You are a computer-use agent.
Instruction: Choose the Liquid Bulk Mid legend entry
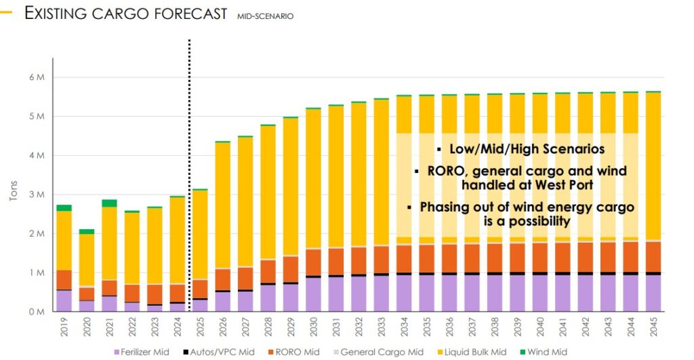click(463, 352)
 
